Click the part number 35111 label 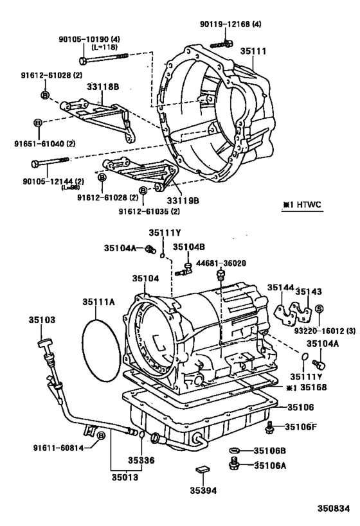coord(253,51)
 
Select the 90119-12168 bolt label coord(231,24)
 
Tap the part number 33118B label coord(103,87)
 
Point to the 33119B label coord(183,200)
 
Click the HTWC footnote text coord(302,204)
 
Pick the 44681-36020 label coord(221,263)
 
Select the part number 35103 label coord(42,320)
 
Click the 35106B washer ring coord(235,450)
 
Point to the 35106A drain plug coord(235,464)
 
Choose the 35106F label coord(301,426)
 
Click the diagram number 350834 coord(334,509)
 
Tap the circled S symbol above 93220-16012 coord(319,308)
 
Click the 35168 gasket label coord(313,387)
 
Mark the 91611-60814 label coord(59,448)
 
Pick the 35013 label coord(125,477)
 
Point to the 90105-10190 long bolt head coord(84,61)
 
